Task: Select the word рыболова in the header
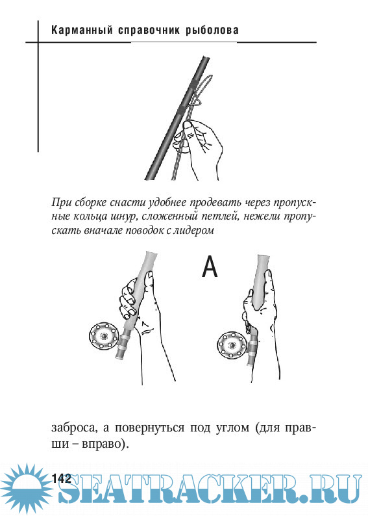(x=212, y=31)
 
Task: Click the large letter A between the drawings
(x=210, y=266)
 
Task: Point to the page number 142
(x=62, y=478)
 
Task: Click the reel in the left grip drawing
(x=104, y=337)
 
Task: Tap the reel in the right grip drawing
(x=232, y=345)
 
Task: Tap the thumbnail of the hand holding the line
(x=188, y=125)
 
